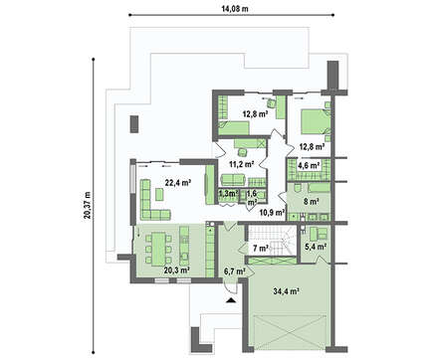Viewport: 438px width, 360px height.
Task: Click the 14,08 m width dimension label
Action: (235, 9)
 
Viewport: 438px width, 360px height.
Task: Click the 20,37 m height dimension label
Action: (88, 205)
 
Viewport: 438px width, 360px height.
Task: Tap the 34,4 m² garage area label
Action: (287, 291)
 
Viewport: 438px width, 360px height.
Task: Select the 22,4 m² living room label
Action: (178, 182)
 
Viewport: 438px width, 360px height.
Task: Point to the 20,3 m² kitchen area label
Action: (177, 270)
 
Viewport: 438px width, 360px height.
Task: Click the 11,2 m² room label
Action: (242, 163)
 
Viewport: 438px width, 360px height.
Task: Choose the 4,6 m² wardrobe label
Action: (310, 165)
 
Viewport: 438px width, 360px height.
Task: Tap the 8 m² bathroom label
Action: (312, 201)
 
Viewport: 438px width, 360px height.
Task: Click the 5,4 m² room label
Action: (316, 246)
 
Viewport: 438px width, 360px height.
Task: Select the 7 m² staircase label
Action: (261, 248)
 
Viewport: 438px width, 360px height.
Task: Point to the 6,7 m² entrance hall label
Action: (235, 272)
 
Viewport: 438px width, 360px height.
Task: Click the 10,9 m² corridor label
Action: (272, 212)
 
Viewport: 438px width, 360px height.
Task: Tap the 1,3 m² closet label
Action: (228, 193)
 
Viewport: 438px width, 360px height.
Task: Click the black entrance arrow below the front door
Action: (231, 300)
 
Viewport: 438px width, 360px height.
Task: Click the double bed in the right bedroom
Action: (313, 122)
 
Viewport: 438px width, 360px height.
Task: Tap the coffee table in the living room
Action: (159, 194)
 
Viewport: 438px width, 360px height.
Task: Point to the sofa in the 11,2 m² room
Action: (233, 179)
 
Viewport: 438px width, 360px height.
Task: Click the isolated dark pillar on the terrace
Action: (133, 124)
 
